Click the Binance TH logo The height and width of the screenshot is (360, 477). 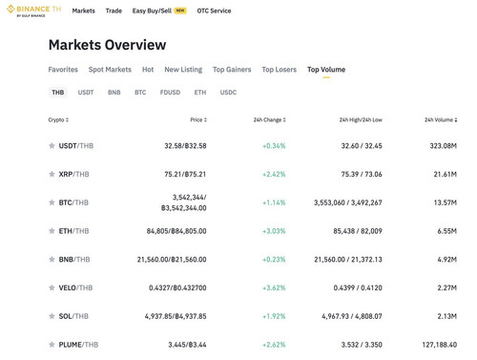tap(33, 11)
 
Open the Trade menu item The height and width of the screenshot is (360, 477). tap(114, 11)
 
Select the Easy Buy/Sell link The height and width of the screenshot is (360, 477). tap(152, 11)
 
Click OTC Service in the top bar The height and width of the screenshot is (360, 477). tap(214, 11)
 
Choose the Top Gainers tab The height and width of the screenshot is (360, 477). tap(232, 70)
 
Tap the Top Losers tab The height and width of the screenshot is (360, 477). tap(279, 70)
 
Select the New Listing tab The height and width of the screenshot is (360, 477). tap(183, 70)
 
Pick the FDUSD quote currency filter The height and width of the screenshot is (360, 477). tap(170, 93)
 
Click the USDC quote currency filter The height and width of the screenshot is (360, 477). tap(228, 93)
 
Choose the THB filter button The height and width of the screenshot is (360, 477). tap(58, 93)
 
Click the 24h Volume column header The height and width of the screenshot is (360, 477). tap(441, 119)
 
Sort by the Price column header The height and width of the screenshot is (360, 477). tap(198, 119)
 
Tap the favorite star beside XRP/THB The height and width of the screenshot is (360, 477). tap(52, 174)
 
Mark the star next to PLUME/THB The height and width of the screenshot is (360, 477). tap(52, 344)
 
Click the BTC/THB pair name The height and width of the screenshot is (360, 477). tap(73, 202)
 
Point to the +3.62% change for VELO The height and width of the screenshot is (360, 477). tap(274, 287)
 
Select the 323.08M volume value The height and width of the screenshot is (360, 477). tap(443, 146)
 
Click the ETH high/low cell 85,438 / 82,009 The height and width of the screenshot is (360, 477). tap(358, 231)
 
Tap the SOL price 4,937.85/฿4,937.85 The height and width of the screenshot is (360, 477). tap(176, 316)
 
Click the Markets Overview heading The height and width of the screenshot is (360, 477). tap(107, 45)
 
